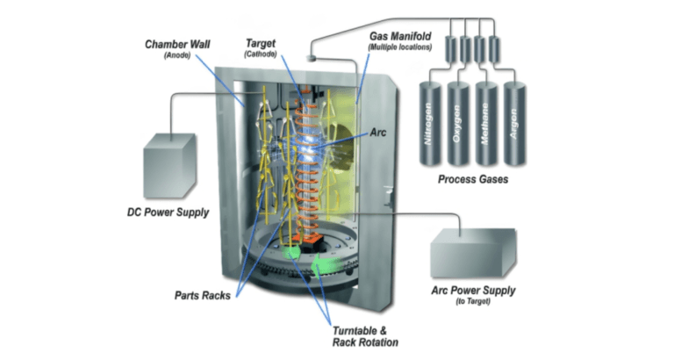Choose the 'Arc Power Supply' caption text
(x=473, y=291)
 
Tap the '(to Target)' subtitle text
(x=473, y=303)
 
